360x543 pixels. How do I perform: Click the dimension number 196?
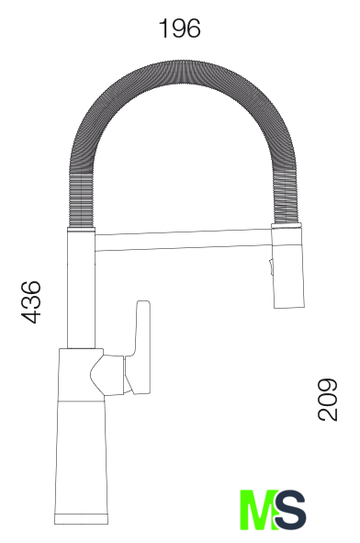point(180,28)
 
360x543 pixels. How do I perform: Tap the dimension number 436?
point(31,302)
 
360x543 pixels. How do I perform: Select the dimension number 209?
point(327,400)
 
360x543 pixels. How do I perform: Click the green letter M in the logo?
point(259,510)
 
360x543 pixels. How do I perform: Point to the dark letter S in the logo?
point(290,510)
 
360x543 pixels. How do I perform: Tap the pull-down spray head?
point(288,268)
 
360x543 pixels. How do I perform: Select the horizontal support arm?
point(183,240)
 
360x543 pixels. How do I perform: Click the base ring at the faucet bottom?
point(81,519)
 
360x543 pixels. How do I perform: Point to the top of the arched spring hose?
point(182,72)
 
